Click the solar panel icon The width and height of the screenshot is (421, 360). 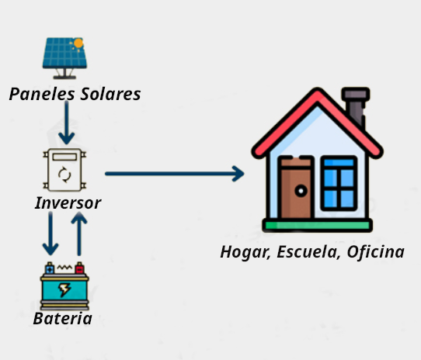point(64,58)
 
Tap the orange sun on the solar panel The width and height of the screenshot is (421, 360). point(78,43)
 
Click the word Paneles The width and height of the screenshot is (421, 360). point(42,95)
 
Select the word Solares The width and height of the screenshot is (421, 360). point(110,94)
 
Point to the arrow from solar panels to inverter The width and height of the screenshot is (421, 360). point(67,123)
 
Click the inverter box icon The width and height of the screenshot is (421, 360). point(64,170)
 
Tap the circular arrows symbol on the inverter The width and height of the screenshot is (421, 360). point(64,175)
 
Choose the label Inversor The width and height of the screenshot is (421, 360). point(68,202)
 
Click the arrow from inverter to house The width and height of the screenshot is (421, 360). point(175,174)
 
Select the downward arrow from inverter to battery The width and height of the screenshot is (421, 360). point(50,234)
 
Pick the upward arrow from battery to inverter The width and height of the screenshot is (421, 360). point(79,234)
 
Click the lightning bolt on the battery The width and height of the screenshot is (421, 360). point(64,290)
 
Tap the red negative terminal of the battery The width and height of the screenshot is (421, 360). point(79,268)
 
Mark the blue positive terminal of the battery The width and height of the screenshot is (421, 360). point(50,268)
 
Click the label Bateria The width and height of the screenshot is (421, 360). point(63,318)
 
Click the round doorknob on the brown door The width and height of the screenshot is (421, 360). point(301,191)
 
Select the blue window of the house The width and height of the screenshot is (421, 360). point(339,183)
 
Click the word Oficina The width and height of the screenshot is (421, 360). point(376,252)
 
